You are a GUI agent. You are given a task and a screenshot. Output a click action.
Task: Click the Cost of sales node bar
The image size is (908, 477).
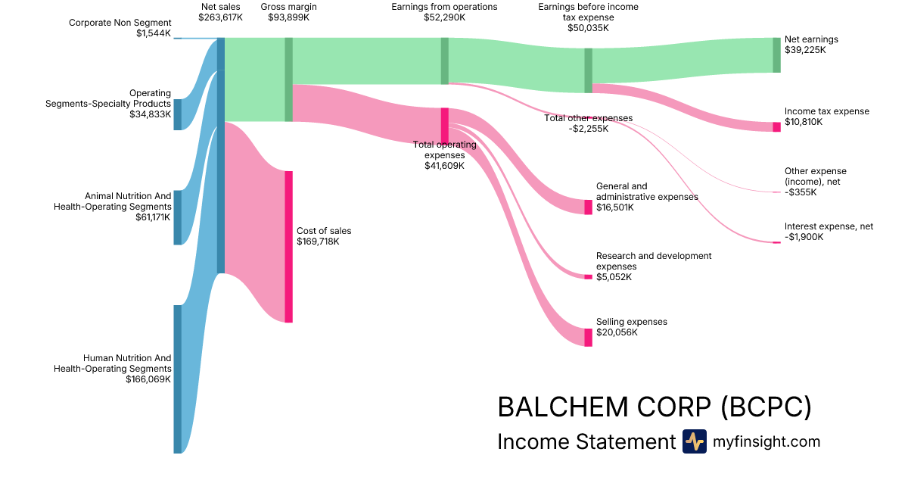click(x=288, y=247)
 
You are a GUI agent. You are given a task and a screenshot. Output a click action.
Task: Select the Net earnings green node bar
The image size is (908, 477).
click(x=776, y=55)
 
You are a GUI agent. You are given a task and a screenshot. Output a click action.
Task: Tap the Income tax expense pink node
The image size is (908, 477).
click(x=776, y=126)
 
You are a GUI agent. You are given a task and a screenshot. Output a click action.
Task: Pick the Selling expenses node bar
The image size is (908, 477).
click(x=588, y=337)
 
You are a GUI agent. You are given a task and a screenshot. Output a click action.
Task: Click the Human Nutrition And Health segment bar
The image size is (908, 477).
click(x=178, y=379)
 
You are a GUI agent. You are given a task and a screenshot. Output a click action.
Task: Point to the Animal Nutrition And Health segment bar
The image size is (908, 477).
click(x=178, y=217)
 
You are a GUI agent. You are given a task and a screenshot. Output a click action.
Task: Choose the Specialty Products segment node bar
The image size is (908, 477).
click(x=178, y=114)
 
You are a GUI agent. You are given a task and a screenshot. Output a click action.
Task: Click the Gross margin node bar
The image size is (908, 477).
click(x=288, y=79)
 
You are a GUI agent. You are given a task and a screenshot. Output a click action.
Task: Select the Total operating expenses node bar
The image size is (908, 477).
click(x=445, y=126)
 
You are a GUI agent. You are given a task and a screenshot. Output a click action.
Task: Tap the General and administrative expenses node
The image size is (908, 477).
click(x=588, y=207)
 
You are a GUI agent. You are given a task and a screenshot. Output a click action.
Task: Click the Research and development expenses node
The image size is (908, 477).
click(x=588, y=276)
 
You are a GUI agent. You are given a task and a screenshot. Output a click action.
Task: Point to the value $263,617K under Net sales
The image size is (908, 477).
click(x=220, y=17)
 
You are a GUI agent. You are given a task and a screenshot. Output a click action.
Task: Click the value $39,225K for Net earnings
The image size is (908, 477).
click(x=805, y=50)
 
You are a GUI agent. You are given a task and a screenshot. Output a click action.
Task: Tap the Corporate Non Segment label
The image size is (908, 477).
click(x=120, y=23)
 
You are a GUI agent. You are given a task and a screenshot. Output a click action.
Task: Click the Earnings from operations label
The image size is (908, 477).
click(x=444, y=7)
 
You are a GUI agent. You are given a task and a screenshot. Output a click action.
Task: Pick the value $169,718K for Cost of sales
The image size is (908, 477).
click(x=318, y=242)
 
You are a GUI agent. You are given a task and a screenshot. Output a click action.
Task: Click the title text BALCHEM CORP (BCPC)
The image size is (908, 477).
click(x=654, y=407)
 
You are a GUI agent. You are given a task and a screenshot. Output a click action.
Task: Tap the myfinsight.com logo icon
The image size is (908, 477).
click(x=694, y=441)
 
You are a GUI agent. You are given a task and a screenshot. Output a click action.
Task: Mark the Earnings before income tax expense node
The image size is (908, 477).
click(x=588, y=70)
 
